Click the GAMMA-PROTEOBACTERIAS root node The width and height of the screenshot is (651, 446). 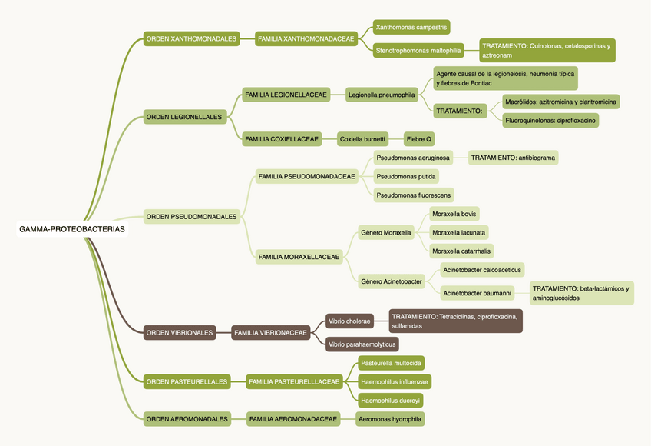pos(72,229)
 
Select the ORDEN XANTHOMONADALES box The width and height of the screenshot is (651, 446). pos(191,38)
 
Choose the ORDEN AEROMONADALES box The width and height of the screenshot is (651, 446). pos(187,419)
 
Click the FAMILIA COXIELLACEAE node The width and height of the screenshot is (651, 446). pos(282,139)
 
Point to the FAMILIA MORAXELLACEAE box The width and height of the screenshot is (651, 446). pos(299,257)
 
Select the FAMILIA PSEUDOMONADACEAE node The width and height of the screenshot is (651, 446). pos(307,176)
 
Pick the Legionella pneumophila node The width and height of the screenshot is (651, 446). pos(382,95)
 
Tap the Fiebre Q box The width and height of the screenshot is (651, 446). pos(419,139)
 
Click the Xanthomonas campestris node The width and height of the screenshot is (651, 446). pos(411,28)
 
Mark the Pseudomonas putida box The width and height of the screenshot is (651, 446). pos(407,176)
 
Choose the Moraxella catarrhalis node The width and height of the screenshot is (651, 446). pos(461,251)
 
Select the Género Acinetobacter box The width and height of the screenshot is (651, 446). pos(392,281)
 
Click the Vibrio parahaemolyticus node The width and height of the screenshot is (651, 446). pos(361,344)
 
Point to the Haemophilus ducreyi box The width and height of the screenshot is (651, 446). pos(391,400)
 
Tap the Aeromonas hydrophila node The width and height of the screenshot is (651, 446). pos(391,419)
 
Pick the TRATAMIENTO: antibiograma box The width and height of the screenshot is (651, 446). pos(513,158)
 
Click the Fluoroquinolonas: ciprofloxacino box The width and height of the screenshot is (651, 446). pos(550,120)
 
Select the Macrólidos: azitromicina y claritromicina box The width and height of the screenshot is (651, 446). pos(560,102)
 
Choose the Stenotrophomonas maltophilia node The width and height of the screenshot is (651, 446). pos(418,51)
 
